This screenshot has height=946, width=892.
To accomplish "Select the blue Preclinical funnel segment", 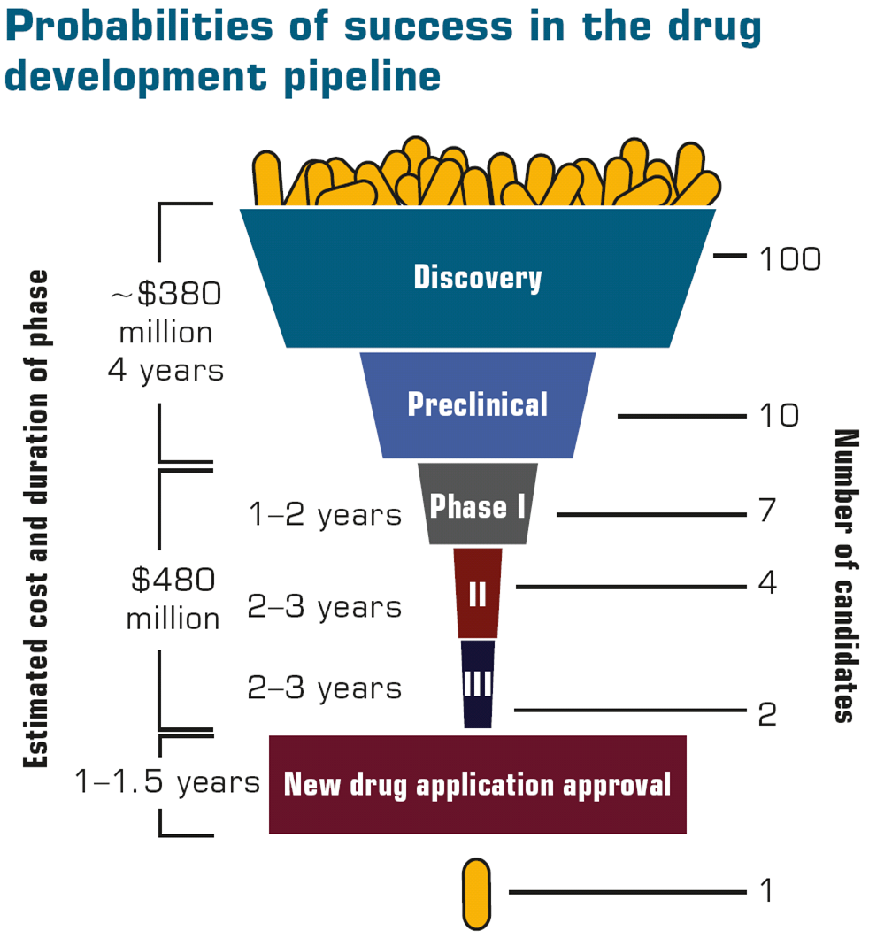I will pyautogui.click(x=478, y=404).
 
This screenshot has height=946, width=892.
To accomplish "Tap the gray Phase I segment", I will pyautogui.click(x=478, y=506).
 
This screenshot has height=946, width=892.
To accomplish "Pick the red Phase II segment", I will pyautogui.click(x=478, y=593).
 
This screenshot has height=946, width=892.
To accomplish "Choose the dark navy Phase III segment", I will pyautogui.click(x=478, y=684).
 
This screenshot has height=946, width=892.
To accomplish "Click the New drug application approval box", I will pyautogui.click(x=478, y=784).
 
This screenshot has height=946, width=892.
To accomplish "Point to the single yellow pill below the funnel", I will pyautogui.click(x=476, y=893).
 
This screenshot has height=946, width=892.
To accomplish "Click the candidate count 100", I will pyautogui.click(x=790, y=259).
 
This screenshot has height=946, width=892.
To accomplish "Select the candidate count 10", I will pyautogui.click(x=779, y=415).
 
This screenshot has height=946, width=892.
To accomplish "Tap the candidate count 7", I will pyautogui.click(x=766, y=511).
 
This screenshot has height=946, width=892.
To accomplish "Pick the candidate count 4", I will pyautogui.click(x=767, y=584).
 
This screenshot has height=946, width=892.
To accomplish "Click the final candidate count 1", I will pyautogui.click(x=766, y=890).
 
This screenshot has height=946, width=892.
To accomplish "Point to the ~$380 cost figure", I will pyautogui.click(x=165, y=295).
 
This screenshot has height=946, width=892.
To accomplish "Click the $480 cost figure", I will pyautogui.click(x=173, y=581).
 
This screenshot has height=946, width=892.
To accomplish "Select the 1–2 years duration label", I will pyautogui.click(x=325, y=515).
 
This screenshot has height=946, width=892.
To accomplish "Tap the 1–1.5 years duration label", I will pyautogui.click(x=168, y=782).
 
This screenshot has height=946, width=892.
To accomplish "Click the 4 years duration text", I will pyautogui.click(x=165, y=370).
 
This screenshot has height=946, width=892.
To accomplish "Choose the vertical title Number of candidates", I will pyautogui.click(x=847, y=575).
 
